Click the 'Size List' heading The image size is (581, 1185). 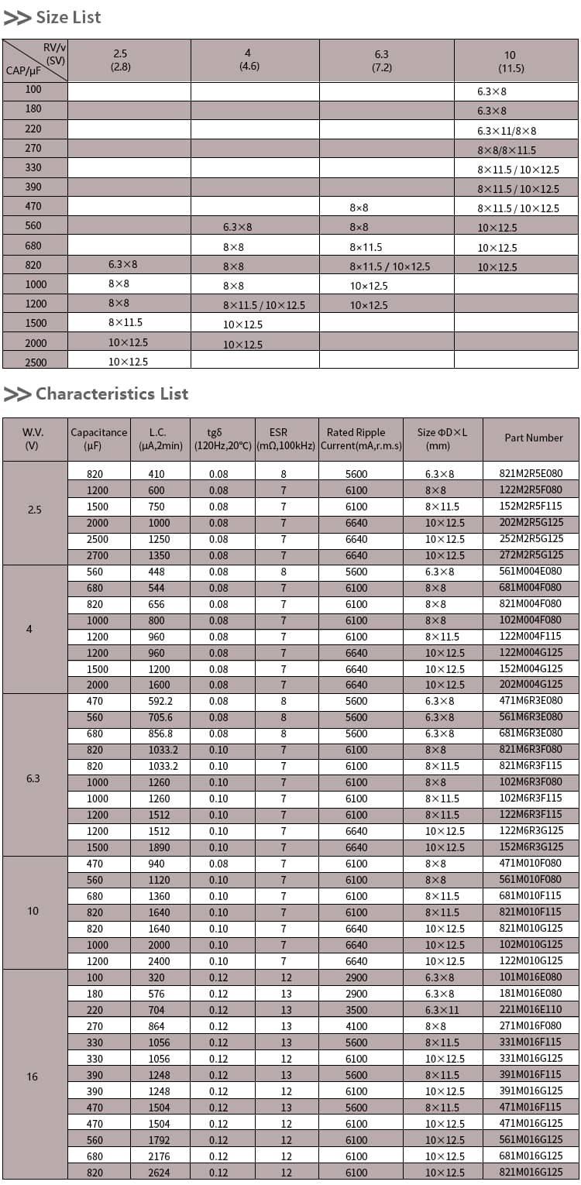pos(68,17)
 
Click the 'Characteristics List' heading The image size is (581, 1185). pos(112,393)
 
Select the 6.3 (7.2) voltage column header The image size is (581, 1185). pos(381,60)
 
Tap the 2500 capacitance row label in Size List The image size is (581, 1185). pos(35,362)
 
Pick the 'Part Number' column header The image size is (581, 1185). pos(534,438)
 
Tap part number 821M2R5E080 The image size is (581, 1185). pos(531,473)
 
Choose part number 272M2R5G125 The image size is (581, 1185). pos(531,555)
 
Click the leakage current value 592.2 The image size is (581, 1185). pos(160,701)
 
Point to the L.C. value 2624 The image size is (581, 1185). pos(159,1173)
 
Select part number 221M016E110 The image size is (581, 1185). pos(531,1010)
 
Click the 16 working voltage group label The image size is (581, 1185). pos(33,1077)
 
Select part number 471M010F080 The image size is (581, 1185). pos(531,863)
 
